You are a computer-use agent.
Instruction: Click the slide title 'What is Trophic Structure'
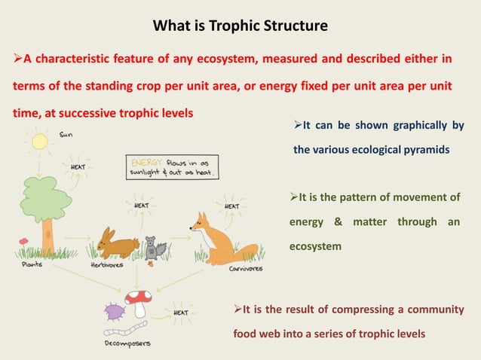240,26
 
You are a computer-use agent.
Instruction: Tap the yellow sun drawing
39,141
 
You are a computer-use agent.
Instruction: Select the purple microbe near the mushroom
114,311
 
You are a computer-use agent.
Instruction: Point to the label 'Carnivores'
246,268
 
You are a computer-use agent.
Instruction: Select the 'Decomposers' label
127,343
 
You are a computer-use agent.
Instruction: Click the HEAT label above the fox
231,206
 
